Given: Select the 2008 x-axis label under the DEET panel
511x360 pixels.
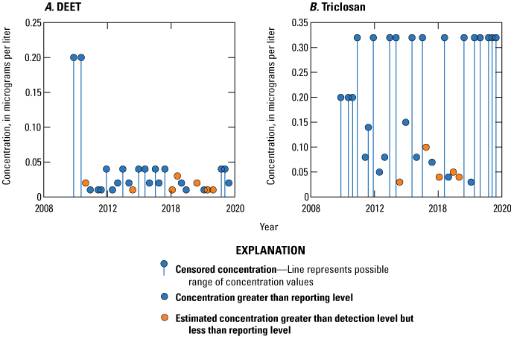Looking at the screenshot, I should point(43,208).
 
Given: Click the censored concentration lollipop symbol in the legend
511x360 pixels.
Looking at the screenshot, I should point(164,265).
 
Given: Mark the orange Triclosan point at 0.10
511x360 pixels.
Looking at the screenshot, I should point(426,148).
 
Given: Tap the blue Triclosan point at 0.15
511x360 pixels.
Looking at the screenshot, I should point(406,122).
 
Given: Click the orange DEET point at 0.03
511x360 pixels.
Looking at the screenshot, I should point(177,176).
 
